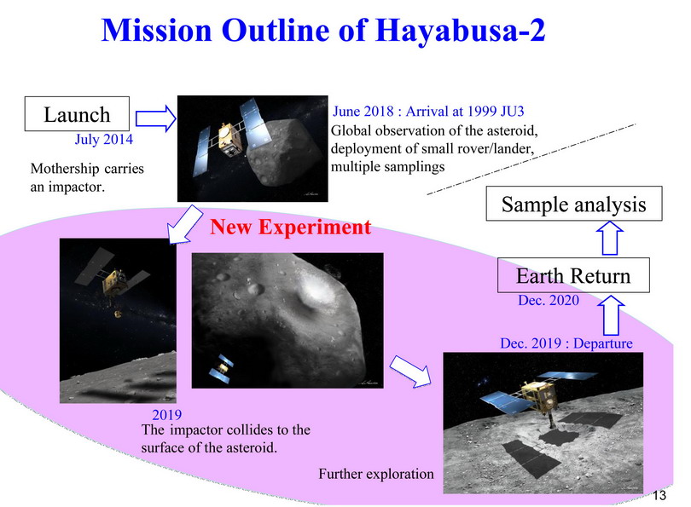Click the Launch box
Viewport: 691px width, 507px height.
click(77, 114)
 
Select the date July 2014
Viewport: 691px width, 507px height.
click(104, 139)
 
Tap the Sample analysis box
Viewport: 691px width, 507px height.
click(574, 204)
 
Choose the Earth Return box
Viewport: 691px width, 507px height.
click(573, 275)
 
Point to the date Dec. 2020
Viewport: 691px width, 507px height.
click(549, 300)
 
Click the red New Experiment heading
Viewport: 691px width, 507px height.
click(291, 227)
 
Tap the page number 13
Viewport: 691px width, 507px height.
click(659, 496)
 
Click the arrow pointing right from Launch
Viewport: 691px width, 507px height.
click(155, 118)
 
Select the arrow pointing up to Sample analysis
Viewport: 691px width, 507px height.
click(610, 238)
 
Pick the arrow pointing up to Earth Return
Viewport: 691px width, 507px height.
click(611, 315)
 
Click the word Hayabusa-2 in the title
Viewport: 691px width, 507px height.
click(461, 30)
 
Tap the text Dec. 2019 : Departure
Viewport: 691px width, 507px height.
click(566, 343)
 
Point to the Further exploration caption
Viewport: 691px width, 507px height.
click(376, 474)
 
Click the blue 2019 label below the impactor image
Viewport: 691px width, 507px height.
click(166, 415)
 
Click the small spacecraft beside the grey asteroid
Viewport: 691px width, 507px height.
click(222, 368)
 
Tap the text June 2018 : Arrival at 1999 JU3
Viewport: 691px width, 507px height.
click(428, 111)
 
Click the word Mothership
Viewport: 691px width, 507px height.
click(64, 168)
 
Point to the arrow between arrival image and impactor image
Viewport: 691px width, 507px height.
click(184, 225)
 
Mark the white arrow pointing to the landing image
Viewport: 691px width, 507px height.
click(410, 371)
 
